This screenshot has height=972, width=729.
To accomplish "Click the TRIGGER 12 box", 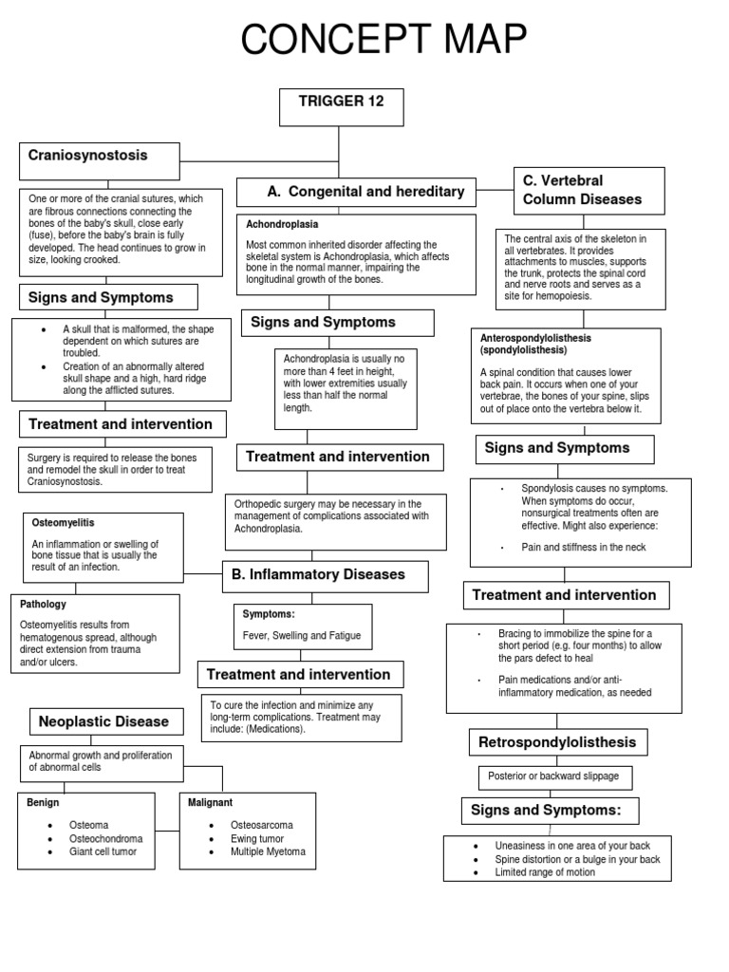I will point(342,107).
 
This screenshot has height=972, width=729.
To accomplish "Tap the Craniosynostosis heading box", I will point(99,160).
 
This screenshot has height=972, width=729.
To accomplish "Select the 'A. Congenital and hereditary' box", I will point(366,193).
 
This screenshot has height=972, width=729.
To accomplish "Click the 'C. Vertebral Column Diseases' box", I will point(589,191).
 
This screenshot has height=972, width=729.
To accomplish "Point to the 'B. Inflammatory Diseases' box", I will point(326,575).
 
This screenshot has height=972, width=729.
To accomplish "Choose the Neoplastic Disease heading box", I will point(103,722).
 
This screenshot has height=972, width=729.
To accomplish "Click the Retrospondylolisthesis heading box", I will point(557,742).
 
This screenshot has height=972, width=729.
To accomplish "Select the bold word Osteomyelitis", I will point(64,523).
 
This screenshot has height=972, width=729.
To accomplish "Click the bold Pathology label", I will point(44,604).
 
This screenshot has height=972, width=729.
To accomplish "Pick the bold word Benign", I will point(43,803).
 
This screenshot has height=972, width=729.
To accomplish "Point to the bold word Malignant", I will point(211,803).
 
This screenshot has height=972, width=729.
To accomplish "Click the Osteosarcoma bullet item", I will point(262,826).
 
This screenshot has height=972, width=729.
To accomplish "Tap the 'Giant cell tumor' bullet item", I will point(103,852).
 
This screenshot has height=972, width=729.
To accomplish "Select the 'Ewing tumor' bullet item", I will point(257,839).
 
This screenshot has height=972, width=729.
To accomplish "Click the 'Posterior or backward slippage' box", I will point(553,776).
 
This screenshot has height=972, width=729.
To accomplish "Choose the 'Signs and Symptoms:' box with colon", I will point(550,811).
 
